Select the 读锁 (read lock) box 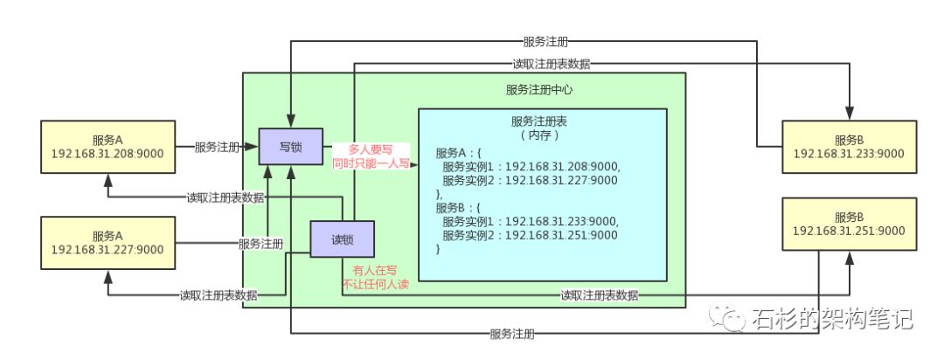pos(343,239)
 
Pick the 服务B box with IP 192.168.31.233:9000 pos(849,147)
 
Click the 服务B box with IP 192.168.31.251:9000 pos(849,224)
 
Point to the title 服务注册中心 pos(538,89)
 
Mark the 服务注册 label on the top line pos(548,40)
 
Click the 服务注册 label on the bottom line pos(514,334)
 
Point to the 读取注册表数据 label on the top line pos(551,64)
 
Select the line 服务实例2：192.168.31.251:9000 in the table pos(530,236)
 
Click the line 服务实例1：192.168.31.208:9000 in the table pos(530,167)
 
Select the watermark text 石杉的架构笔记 pos(830,319)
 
